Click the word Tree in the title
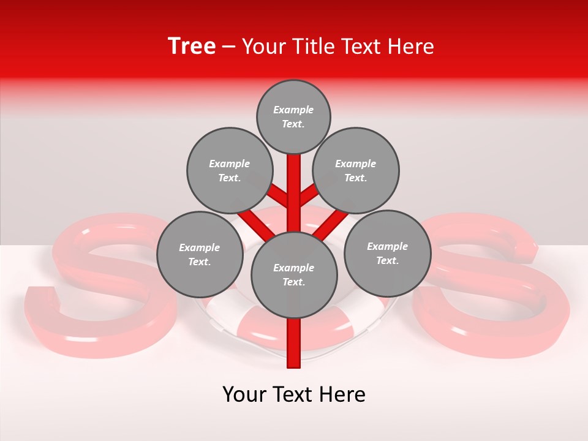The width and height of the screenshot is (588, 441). click(192, 47)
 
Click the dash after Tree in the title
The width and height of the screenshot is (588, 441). click(228, 47)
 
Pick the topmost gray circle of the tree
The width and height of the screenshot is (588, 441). click(293, 116)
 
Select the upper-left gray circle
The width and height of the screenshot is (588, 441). click(229, 170)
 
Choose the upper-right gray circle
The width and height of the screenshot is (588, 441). click(355, 170)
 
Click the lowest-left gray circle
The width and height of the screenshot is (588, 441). click(199, 254)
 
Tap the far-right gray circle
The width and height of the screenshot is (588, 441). click(387, 253)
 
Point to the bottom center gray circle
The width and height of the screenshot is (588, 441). click(294, 274)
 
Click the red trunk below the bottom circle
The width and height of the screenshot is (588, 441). click(294, 343)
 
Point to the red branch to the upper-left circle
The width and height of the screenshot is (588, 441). click(279, 197)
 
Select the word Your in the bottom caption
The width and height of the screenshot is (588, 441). click(244, 394)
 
